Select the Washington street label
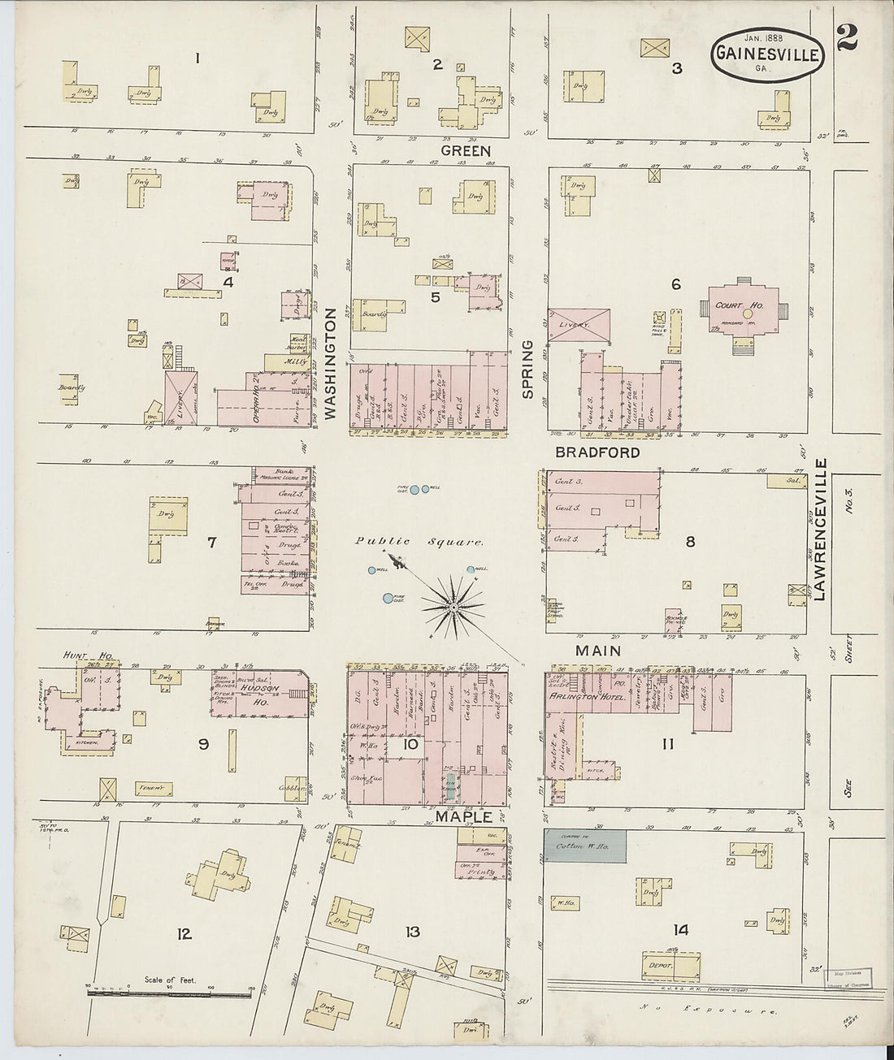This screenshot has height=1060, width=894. tap(331, 363)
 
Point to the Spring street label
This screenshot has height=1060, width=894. tap(527, 370)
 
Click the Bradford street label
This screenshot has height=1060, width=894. tap(597, 452)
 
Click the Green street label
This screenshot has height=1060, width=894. tap(466, 151)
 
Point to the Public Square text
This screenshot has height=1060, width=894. tap(419, 542)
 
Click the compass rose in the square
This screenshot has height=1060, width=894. tap(452, 606)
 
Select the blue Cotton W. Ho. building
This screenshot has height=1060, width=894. tap(585, 846)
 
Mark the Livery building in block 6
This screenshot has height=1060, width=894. tap(578, 324)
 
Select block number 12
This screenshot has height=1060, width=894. tap(184, 934)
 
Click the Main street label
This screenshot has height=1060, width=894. tap(598, 651)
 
